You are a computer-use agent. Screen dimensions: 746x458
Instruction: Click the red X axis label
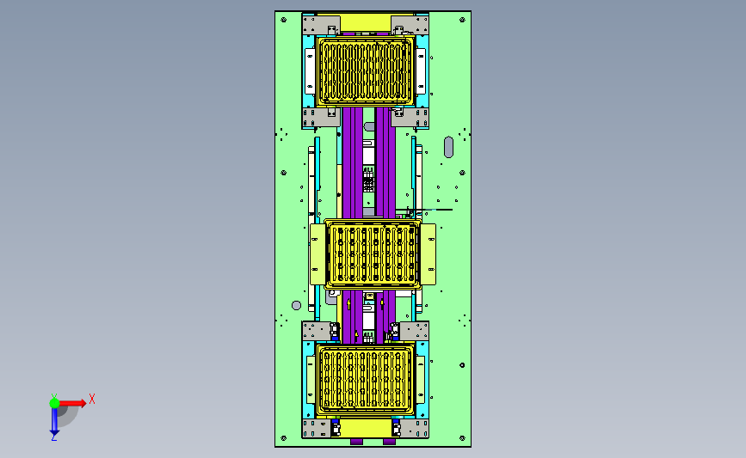coord(92,399)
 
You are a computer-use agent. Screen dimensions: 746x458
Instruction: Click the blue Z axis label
coord(53,437)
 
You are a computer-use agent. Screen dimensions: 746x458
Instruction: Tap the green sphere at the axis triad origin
coord(55,403)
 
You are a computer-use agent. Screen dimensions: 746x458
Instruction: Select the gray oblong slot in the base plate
coord(448,147)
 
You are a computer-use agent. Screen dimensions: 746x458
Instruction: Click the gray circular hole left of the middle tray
coord(296,306)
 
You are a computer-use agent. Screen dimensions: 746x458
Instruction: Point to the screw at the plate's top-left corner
coord(284,20)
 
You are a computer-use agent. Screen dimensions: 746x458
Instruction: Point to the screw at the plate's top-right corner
coord(462,20)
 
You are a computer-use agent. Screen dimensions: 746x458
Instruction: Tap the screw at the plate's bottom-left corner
coord(284,438)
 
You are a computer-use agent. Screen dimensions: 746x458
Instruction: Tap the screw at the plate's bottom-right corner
coord(462,438)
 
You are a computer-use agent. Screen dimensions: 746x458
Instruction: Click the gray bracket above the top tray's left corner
coord(321,25)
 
